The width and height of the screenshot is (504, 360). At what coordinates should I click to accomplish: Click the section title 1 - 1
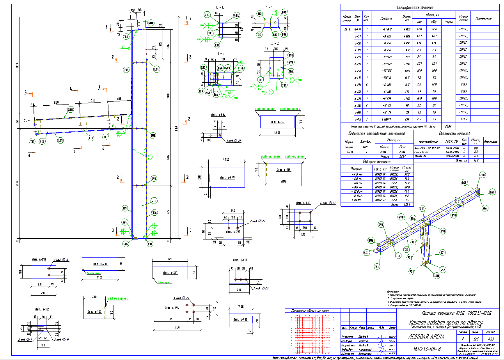[x=270, y=7]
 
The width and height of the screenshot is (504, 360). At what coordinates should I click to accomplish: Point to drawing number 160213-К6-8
[x=427, y=348]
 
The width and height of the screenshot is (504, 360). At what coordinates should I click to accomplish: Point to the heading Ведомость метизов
[x=454, y=133]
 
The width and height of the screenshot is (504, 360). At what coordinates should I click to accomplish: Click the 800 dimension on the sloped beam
[x=57, y=102]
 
